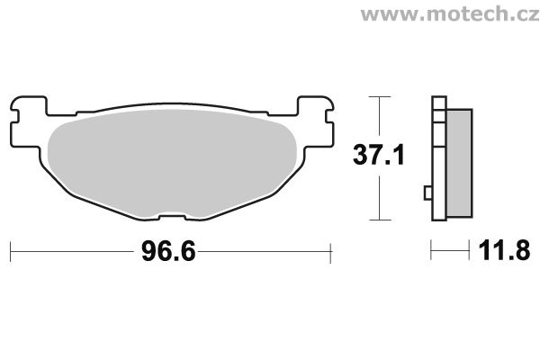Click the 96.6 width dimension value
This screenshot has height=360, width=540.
168,251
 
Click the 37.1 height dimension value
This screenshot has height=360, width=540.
379,156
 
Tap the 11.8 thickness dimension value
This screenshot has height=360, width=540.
504,251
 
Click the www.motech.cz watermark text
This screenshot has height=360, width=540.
450,14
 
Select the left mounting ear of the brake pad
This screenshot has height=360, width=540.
28,121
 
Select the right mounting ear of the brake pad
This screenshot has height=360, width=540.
316,121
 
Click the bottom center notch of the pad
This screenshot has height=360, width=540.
172,218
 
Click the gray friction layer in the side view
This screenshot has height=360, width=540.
459,163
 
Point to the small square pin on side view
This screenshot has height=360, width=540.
427,193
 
